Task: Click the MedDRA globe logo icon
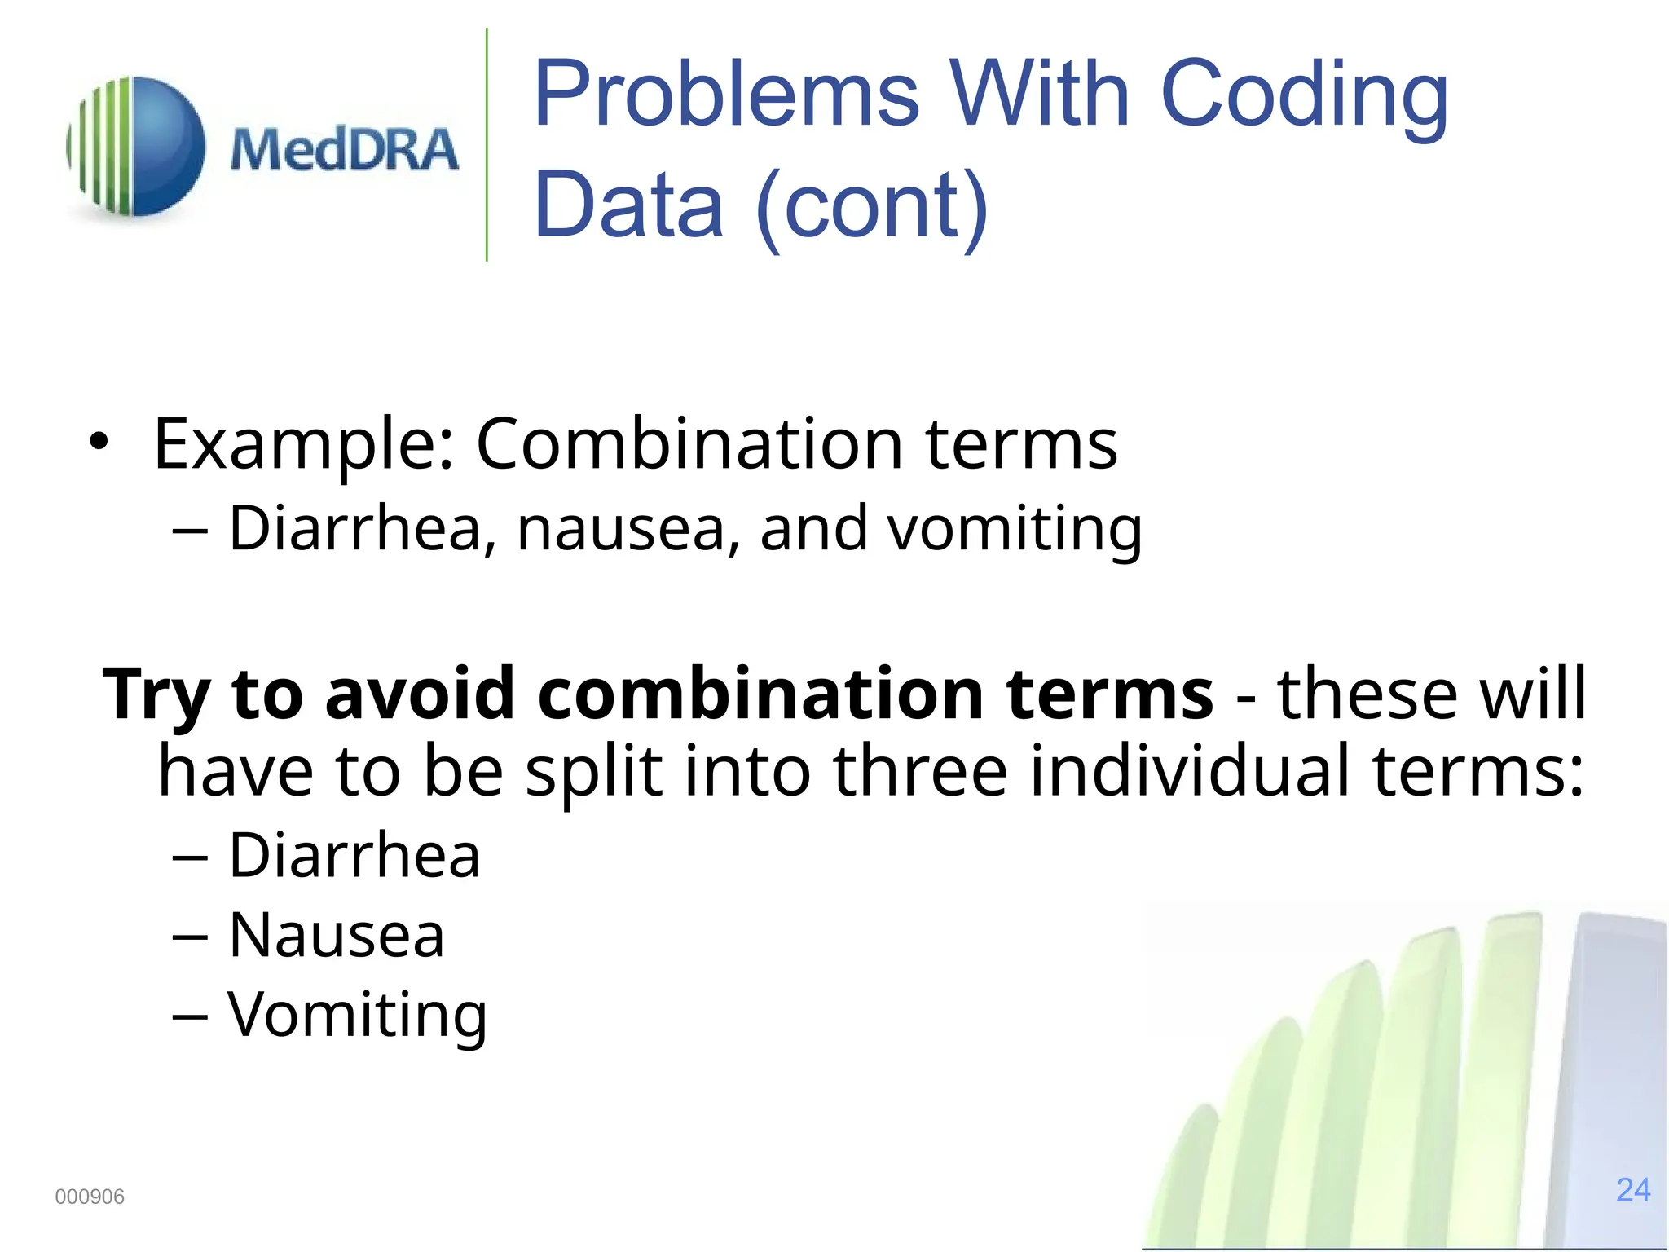(137, 147)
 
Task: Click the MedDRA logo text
(344, 150)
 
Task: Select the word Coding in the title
(1303, 96)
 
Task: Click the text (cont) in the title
(871, 205)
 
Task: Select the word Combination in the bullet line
(689, 444)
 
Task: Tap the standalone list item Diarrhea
(354, 855)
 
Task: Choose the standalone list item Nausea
(336, 935)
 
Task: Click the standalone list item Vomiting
(356, 1015)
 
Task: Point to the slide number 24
(1632, 1190)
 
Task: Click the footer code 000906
(90, 1197)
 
